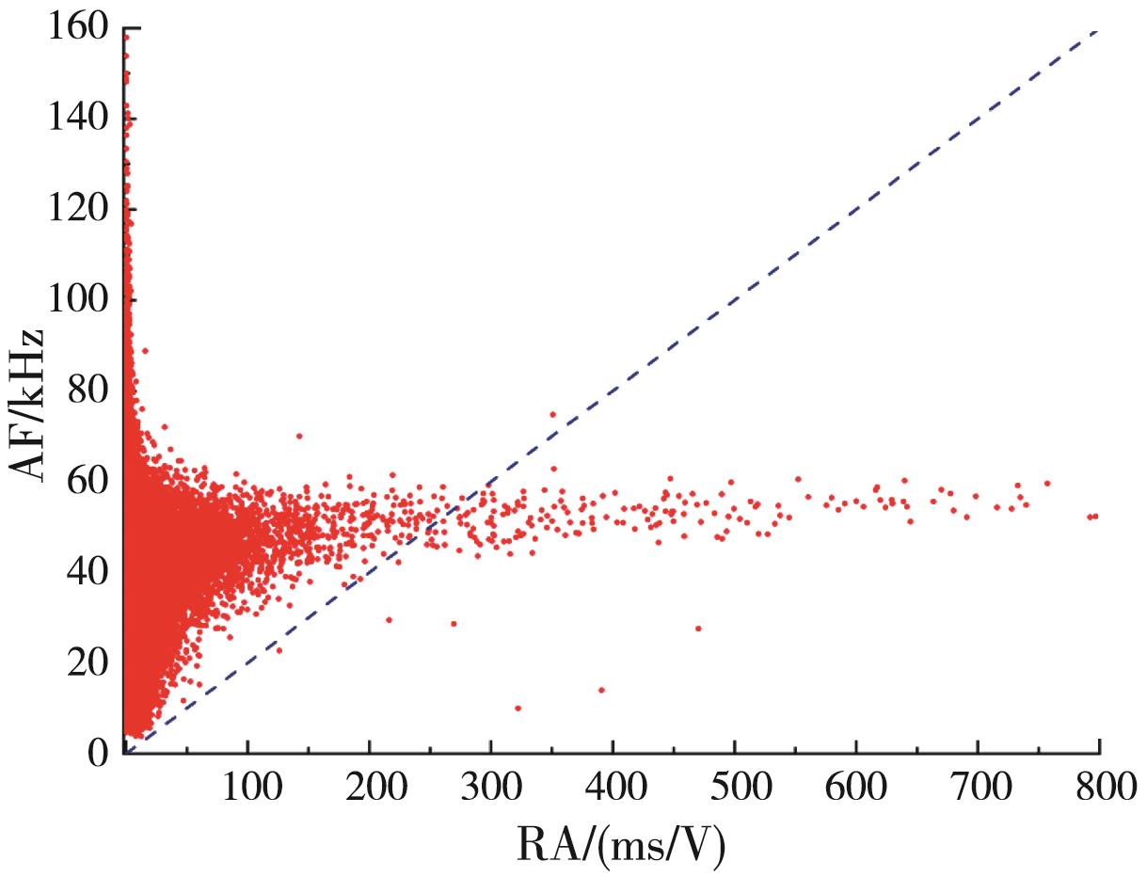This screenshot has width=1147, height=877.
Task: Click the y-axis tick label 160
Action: [x=75, y=30]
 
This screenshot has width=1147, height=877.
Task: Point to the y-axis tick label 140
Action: [x=75, y=120]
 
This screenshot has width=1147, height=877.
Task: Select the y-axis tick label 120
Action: [x=75, y=210]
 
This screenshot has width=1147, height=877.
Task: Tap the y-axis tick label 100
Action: [x=75, y=300]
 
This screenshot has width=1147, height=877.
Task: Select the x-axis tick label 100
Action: [x=247, y=787]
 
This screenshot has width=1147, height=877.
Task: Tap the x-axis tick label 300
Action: [x=490, y=787]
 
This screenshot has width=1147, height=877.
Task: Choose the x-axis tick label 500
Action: [x=734, y=787]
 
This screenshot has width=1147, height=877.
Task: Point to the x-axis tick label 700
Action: [x=978, y=787]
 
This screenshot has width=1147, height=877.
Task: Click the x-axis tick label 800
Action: [x=1098, y=787]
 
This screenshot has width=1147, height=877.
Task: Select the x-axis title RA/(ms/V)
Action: [x=620, y=846]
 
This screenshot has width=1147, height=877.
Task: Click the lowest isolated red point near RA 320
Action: [x=518, y=708]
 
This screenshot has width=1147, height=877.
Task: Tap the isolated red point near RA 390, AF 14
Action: [x=601, y=690]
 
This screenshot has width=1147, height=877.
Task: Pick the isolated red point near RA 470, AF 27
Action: [x=698, y=629]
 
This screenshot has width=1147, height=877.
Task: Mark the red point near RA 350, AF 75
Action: [x=553, y=414]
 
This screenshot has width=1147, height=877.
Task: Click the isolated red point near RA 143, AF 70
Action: [x=299, y=436]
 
